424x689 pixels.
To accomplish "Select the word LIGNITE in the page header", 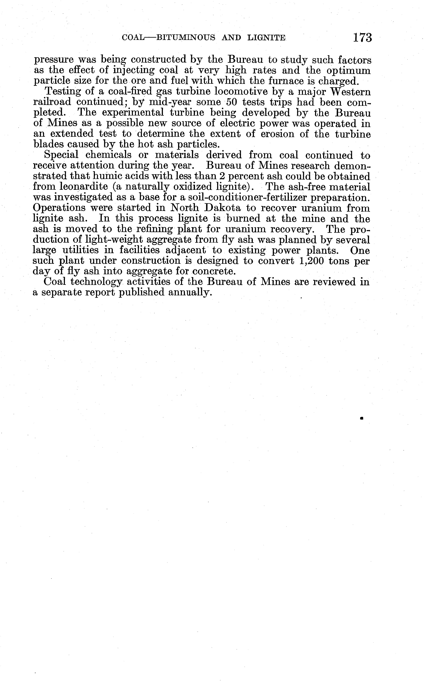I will [266, 38].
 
